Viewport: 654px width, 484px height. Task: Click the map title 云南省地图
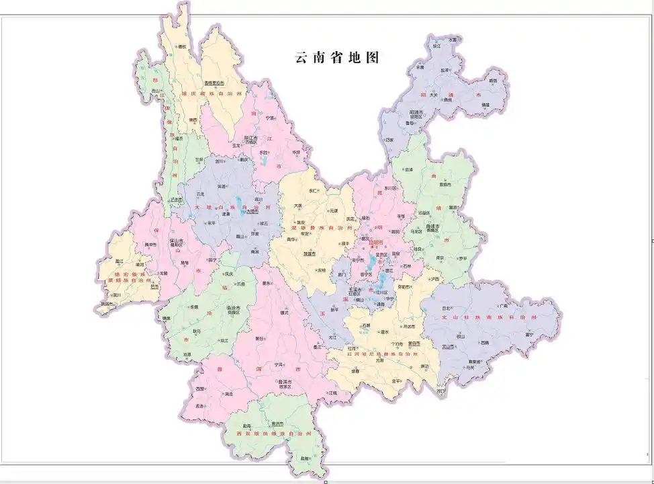click(338, 58)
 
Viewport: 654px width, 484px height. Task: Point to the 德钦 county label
click(181, 46)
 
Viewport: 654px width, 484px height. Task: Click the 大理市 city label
click(252, 211)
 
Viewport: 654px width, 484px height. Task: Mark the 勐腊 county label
click(306, 458)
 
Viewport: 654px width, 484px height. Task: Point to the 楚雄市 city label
click(310, 254)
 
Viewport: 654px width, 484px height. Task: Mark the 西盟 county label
click(199, 389)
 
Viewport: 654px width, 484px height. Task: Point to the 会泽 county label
click(410, 169)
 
